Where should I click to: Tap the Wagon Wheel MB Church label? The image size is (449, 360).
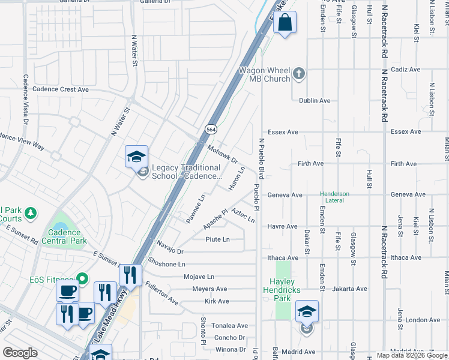pos(265,74)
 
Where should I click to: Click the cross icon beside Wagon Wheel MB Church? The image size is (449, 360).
pos(299,74)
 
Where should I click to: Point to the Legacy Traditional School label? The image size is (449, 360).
pos(187,172)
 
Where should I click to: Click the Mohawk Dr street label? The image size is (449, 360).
pos(223,154)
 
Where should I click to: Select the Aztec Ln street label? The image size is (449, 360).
pos(243,216)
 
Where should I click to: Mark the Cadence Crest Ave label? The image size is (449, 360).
pos(60,89)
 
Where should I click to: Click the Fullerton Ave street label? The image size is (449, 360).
pos(161,293)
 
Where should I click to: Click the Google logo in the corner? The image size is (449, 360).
pos(20,353)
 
